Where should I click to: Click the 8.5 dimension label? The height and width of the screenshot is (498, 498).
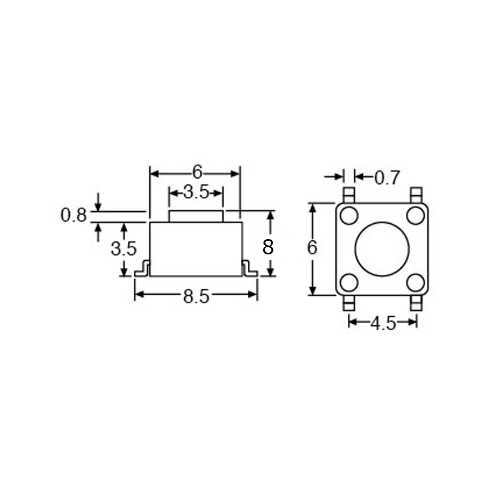tap(196, 297)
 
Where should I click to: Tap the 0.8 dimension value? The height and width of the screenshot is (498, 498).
tap(73, 215)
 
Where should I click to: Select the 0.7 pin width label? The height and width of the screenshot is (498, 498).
tap(387, 178)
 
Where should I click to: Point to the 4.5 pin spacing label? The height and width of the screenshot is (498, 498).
tap(383, 324)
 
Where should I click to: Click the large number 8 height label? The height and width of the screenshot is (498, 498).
tap(268, 247)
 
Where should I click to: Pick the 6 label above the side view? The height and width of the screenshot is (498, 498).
tap(197, 172)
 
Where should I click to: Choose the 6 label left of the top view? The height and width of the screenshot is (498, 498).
tap(312, 248)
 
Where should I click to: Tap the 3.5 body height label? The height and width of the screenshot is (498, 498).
tap(124, 249)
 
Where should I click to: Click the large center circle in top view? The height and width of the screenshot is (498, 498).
tap(382, 249)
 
